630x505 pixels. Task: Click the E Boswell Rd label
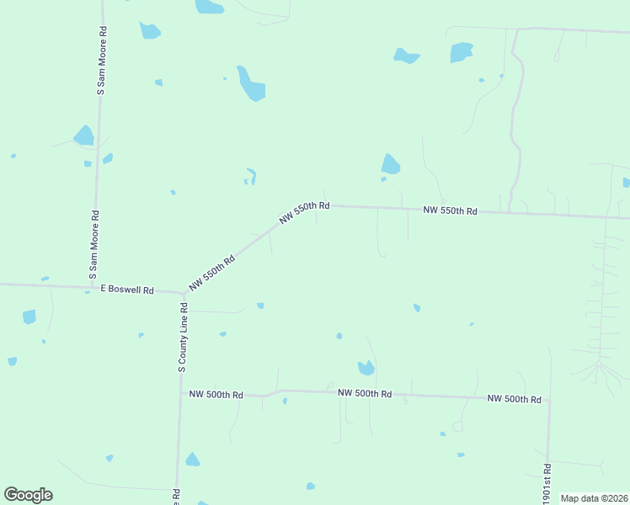click(127, 290)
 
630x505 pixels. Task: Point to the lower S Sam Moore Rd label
click(94, 245)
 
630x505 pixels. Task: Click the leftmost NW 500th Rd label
click(216, 394)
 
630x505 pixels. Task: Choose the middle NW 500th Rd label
click(365, 393)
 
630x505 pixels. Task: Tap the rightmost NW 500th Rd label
click(514, 398)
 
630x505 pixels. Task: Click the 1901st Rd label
click(547, 484)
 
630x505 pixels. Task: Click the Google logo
click(28, 495)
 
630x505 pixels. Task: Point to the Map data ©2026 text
click(594, 498)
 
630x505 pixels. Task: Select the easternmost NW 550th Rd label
click(450, 210)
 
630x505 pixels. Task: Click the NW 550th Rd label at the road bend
click(304, 212)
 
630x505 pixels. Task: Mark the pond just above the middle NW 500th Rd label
click(366, 368)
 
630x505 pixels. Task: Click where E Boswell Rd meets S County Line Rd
click(183, 294)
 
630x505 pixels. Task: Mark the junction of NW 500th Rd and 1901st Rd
click(549, 401)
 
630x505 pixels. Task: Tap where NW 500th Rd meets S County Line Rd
click(180, 393)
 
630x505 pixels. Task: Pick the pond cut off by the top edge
click(209, 6)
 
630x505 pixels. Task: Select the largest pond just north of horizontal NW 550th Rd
click(390, 164)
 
